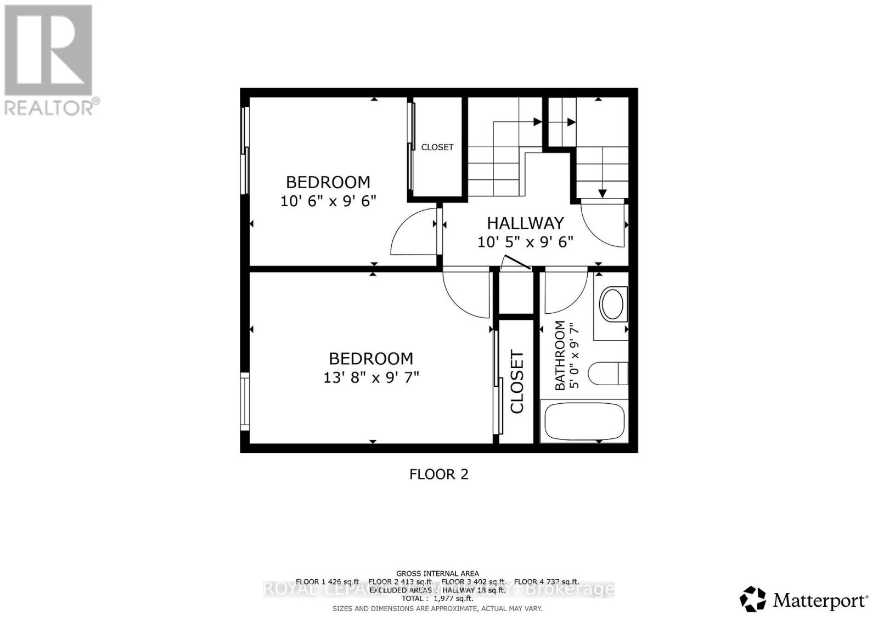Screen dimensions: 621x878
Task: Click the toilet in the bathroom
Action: (607, 374)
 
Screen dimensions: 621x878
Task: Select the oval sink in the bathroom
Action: (611, 304)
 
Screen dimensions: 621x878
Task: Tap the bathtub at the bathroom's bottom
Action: (584, 422)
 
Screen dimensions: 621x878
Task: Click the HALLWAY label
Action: (525, 223)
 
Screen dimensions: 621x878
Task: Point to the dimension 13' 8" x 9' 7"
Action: (371, 377)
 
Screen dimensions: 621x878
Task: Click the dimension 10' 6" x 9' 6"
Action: (328, 201)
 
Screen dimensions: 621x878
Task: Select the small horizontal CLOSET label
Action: (437, 147)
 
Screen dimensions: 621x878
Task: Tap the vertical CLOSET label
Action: (517, 381)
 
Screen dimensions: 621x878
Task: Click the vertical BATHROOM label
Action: (560, 355)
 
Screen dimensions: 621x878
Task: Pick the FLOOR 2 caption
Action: (439, 474)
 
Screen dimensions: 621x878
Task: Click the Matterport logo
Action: (804, 600)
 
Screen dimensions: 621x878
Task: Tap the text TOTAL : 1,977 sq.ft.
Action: (437, 599)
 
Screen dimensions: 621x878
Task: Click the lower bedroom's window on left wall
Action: (245, 402)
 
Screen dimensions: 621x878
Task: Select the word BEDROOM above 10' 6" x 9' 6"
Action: (328, 182)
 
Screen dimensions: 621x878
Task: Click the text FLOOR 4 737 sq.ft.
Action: (547, 582)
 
